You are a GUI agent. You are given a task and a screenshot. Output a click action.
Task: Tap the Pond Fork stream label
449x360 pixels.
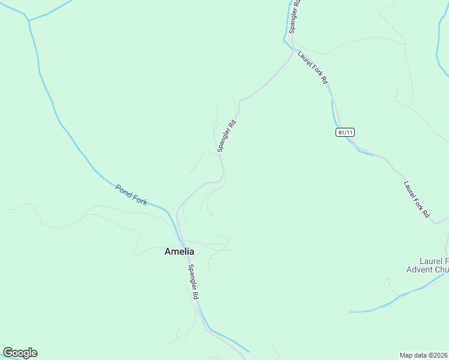(131, 196)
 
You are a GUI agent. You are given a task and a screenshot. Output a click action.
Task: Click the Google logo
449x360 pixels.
(20, 353)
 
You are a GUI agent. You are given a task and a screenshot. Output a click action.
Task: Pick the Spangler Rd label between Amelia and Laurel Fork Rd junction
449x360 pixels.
(227, 136)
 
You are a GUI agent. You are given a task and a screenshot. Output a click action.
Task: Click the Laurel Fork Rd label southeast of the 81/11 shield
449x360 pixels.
(417, 199)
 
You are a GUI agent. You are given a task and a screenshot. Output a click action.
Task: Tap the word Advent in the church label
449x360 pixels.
(419, 270)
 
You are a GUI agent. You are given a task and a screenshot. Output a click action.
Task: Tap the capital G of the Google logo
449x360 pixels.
(8, 353)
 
